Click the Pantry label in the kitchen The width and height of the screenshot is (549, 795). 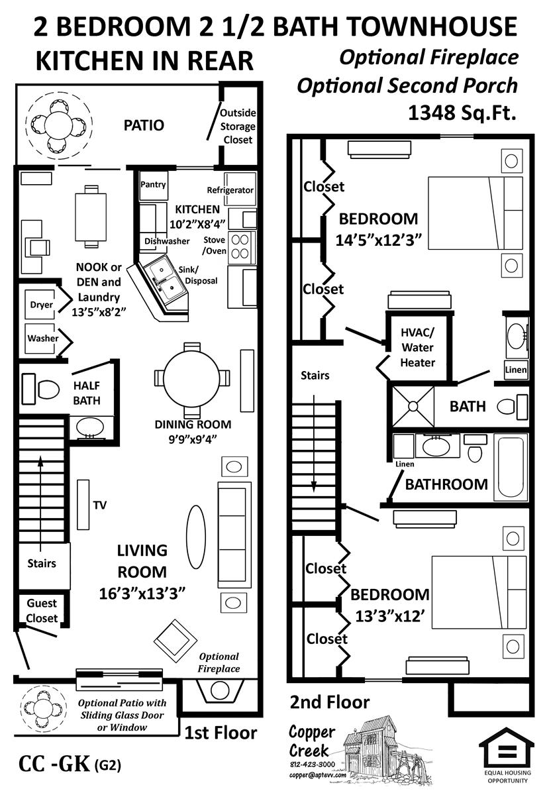click(x=153, y=185)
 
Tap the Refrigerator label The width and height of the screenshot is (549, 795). click(x=230, y=190)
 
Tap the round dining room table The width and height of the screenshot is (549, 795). click(x=191, y=378)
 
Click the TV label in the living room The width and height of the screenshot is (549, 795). click(x=100, y=505)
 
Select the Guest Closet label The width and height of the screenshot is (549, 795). click(x=42, y=611)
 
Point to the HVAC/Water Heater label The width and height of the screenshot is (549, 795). click(x=417, y=347)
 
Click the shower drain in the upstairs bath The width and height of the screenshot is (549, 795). click(x=413, y=406)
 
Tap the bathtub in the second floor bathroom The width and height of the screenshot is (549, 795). click(x=511, y=467)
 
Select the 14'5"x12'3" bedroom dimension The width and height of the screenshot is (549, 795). click(x=378, y=240)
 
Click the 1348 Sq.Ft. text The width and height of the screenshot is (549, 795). click(x=462, y=113)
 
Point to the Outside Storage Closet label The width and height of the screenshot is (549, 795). click(x=238, y=127)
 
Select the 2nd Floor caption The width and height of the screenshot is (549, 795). click(x=330, y=702)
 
